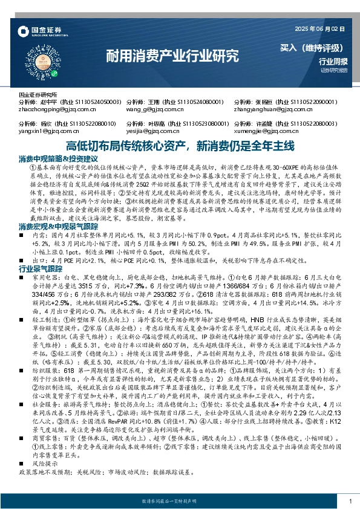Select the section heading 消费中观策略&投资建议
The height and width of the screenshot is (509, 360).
(59, 158)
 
